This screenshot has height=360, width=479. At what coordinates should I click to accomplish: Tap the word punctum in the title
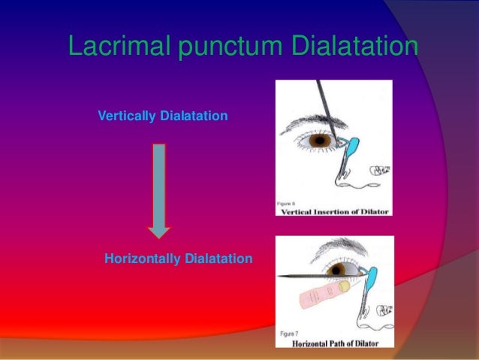coord(220,46)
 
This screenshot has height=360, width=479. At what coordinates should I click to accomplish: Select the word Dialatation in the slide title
coord(349,46)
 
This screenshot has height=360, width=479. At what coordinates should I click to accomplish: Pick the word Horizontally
coord(141,259)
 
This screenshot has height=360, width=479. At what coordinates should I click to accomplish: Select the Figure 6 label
coord(291,203)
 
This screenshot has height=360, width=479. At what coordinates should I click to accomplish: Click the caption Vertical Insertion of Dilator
coord(334,211)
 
